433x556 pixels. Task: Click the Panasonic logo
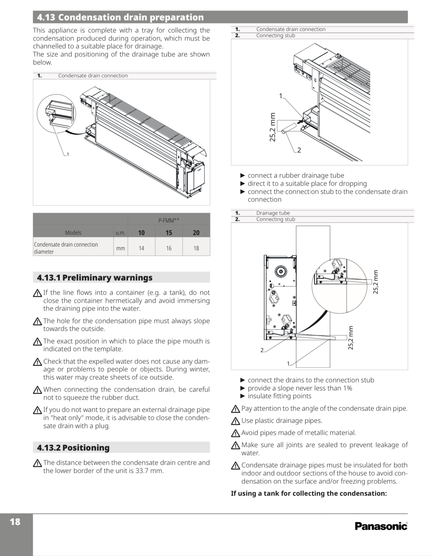(381, 526)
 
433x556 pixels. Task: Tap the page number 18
(15, 522)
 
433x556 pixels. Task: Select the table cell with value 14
(141, 248)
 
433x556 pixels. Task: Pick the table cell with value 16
(169, 248)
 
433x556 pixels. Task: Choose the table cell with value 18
(196, 248)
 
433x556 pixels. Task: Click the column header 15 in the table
(169, 233)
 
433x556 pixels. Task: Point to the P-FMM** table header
(169, 221)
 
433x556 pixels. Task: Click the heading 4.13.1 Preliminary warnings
(95, 278)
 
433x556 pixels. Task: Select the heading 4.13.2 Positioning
(73, 448)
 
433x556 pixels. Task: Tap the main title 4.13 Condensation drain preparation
(120, 17)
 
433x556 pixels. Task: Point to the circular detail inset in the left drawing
(56, 114)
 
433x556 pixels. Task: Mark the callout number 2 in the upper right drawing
(299, 150)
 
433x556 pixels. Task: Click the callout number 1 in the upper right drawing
(281, 96)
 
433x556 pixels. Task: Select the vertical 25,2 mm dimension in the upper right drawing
(272, 127)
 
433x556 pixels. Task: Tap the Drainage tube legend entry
(273, 213)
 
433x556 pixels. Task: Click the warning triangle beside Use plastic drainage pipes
(235, 421)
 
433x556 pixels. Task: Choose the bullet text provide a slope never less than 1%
(300, 388)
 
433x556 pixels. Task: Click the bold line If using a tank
(309, 493)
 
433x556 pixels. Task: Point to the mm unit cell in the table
(120, 248)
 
